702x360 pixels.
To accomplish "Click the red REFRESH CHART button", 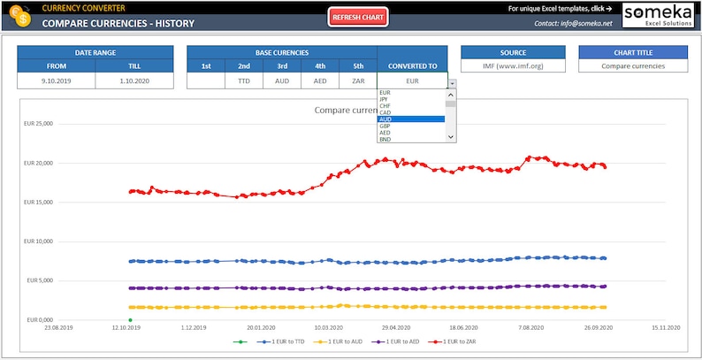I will point(358,17).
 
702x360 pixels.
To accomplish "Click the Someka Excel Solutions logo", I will point(659,15).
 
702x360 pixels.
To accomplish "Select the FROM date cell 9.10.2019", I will point(57,80).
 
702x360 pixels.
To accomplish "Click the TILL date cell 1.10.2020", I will point(134,80).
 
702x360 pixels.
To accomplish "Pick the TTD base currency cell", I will point(244,80).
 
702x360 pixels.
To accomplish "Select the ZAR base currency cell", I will point(358,80).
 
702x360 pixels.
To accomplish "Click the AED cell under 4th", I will point(320,80).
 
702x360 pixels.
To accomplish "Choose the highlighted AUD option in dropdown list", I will point(411,119).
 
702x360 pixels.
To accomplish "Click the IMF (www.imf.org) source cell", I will point(514,66).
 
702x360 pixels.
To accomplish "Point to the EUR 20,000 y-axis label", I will point(40,163).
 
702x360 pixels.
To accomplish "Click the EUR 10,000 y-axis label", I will point(40,241).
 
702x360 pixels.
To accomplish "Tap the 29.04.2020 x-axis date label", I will point(395,326).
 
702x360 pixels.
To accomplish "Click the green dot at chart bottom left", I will point(130,320).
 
